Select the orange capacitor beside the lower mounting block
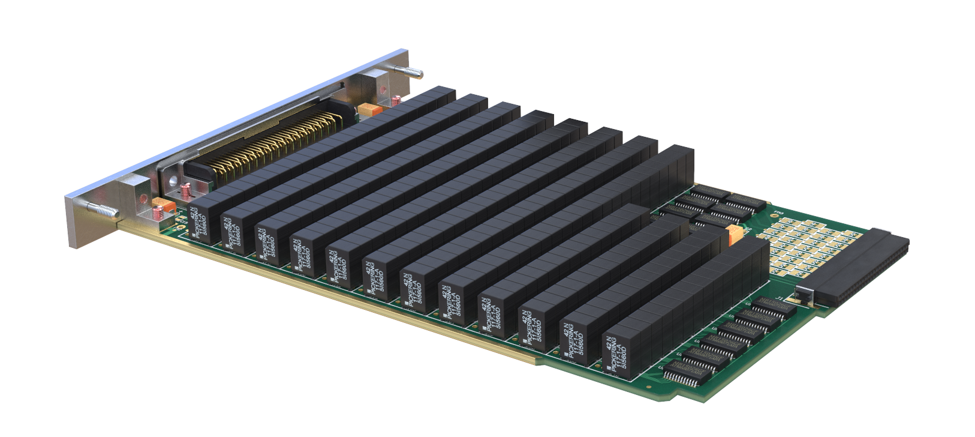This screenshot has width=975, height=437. pos(164,206)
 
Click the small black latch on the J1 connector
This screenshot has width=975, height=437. pos(804,295)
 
